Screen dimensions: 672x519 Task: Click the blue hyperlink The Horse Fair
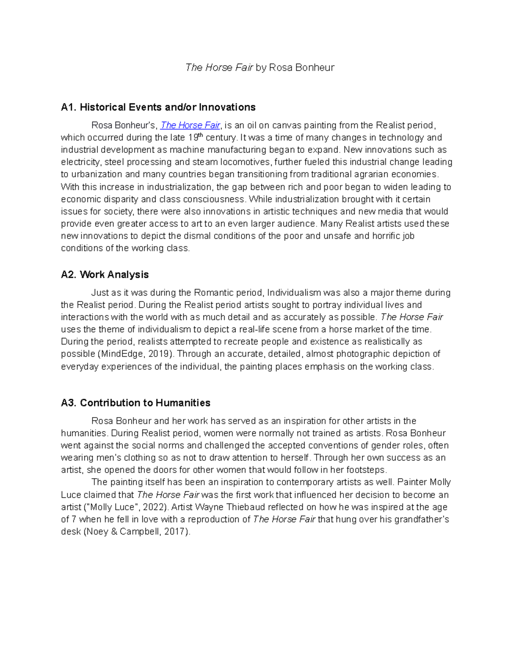pos(190,125)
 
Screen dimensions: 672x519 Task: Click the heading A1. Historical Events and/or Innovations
pos(158,107)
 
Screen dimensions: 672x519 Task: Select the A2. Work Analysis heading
pos(105,275)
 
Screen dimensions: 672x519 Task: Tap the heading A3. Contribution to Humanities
pos(135,403)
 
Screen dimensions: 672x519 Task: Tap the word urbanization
pos(96,174)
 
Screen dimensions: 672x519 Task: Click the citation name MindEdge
pos(122,354)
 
